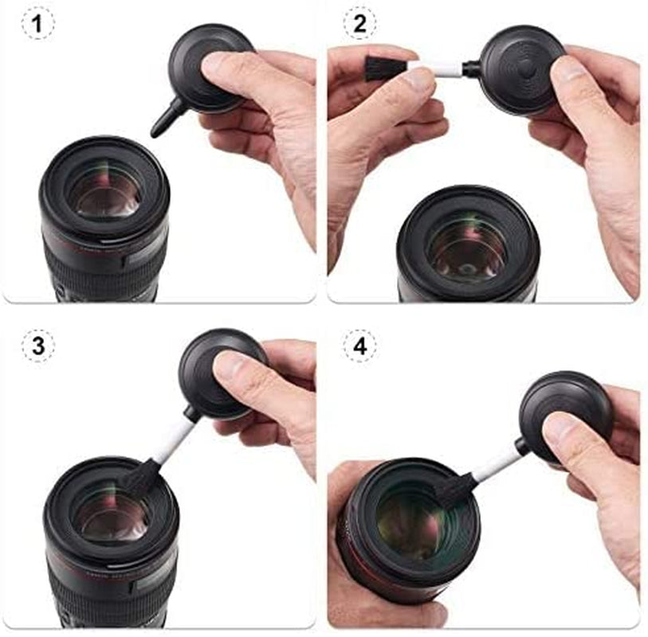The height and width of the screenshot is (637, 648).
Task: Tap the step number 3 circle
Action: coord(37,346)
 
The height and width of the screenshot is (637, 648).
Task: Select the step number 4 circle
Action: coord(359,346)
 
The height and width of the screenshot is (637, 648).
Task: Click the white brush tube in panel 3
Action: coord(173,440)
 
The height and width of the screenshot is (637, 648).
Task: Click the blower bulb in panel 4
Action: coord(562,414)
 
